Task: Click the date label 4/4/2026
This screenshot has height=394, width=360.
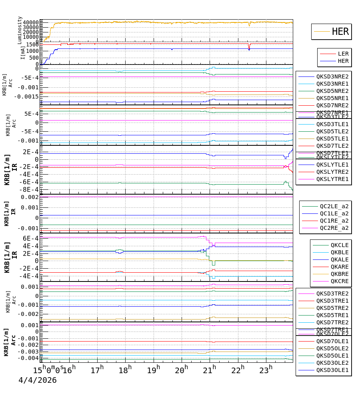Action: coord(37,380)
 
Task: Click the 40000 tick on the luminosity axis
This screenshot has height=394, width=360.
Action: coord(31,22)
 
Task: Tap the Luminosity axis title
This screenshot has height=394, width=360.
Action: coord(20,30)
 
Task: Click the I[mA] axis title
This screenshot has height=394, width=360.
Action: coord(23,52)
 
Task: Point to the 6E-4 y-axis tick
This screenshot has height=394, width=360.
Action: coord(30,238)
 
